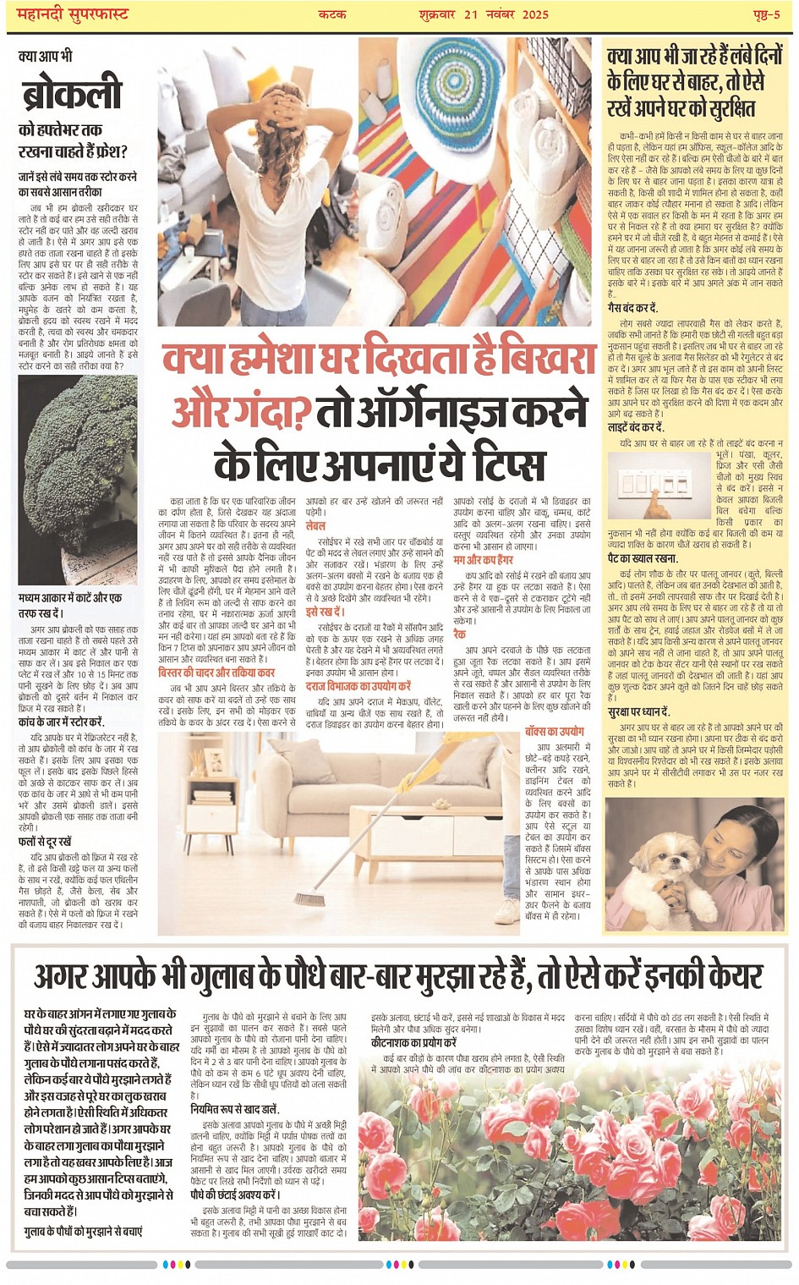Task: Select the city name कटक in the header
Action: coord(332,14)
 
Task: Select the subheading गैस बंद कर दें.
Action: coord(632,308)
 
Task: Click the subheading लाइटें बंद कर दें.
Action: coord(636,428)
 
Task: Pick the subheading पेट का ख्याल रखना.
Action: coord(643,558)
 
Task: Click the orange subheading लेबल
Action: coord(315,525)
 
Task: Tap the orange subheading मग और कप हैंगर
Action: coord(483,560)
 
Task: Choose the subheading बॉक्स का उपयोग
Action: coord(554,731)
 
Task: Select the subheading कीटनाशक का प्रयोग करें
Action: coord(413,1043)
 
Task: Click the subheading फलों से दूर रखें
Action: coord(45,842)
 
